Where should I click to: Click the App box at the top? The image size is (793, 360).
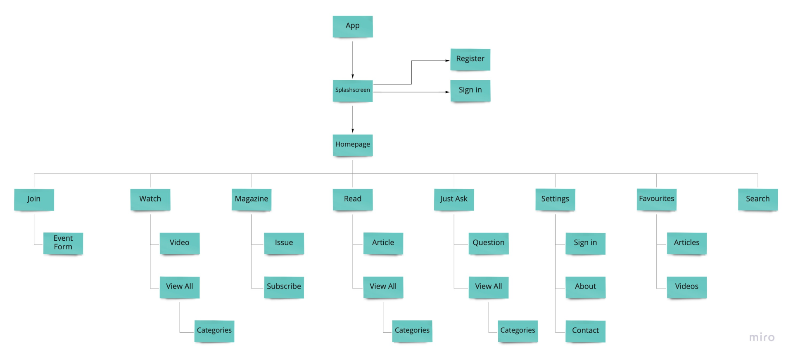352,26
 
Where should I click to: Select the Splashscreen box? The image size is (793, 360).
352,90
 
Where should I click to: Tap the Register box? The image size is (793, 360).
470,59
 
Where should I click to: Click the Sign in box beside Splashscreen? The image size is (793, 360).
470,90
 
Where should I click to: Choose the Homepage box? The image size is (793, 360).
352,145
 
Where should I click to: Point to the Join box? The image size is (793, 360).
34,199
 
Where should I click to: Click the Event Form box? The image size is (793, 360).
63,243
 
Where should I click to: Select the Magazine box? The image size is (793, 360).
251,199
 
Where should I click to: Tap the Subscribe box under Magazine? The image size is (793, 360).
284,287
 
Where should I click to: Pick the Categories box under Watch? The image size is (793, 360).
214,331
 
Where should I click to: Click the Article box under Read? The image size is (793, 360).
383,243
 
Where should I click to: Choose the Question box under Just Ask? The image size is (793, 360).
488,243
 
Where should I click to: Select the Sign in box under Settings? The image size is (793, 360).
585,243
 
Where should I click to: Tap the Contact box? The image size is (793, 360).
585,331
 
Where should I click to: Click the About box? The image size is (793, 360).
585,287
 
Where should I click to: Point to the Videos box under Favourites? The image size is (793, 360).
686,287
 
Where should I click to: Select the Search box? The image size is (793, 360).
757,199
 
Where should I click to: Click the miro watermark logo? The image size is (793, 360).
762,338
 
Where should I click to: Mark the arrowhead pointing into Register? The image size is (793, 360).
447,61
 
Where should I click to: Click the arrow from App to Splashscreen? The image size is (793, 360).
352,58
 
